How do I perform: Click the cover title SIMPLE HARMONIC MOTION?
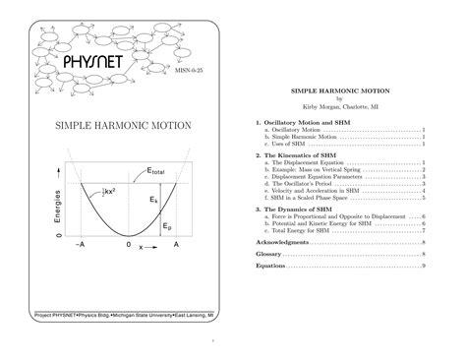tap(123, 125)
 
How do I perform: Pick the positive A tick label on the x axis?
tap(176, 243)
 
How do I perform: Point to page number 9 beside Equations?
tap(424, 266)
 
